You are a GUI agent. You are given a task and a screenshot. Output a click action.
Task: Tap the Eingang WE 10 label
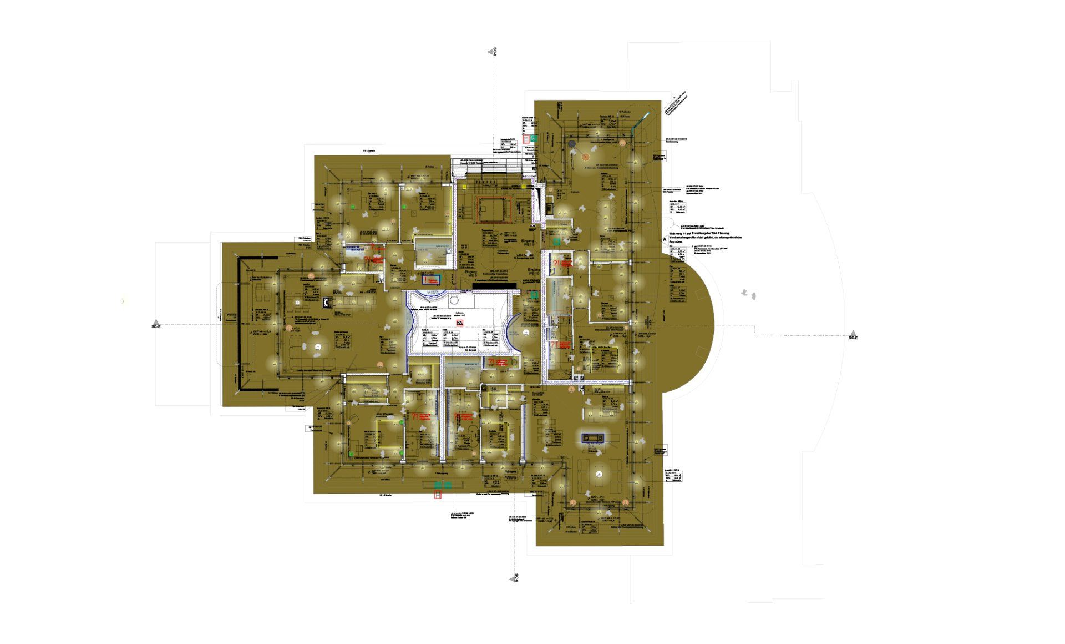click(534, 271)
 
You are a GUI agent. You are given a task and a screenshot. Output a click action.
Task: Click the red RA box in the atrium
click(459, 322)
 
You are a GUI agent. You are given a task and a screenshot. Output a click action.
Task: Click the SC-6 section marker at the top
click(491, 52)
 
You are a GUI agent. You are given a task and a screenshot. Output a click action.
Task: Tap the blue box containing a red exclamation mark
click(431, 279)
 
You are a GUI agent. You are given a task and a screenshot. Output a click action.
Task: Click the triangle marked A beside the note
click(664, 239)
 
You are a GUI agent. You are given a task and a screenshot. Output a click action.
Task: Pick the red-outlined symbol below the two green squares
click(438, 495)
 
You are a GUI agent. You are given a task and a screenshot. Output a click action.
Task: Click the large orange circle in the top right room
click(585, 157)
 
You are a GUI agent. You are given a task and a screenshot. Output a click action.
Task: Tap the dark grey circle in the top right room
click(572, 144)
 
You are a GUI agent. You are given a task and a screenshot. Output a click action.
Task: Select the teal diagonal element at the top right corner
click(643, 119)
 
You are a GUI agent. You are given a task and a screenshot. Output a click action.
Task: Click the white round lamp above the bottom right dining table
click(599, 474)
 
